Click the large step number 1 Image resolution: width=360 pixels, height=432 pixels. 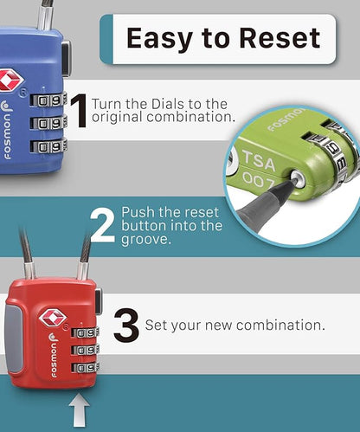pyautogui.click(x=79, y=111)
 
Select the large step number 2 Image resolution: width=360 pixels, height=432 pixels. pyautogui.click(x=102, y=225)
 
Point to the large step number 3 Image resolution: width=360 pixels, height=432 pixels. pyautogui.click(x=126, y=326)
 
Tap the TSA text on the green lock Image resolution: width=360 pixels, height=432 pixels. pyautogui.click(x=259, y=160)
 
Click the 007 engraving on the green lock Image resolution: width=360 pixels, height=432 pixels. pyautogui.click(x=258, y=181)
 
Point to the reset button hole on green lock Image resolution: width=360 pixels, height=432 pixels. pyautogui.click(x=298, y=179)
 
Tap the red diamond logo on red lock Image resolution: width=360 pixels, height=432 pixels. pyautogui.click(x=53, y=317)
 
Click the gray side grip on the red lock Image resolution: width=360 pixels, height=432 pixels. pyautogui.click(x=13, y=339)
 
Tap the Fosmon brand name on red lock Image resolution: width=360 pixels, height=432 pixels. pyautogui.click(x=54, y=356)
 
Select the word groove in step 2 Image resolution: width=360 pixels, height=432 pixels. pyautogui.click(x=146, y=240)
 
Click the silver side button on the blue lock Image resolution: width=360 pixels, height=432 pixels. pyautogui.click(x=66, y=58)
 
